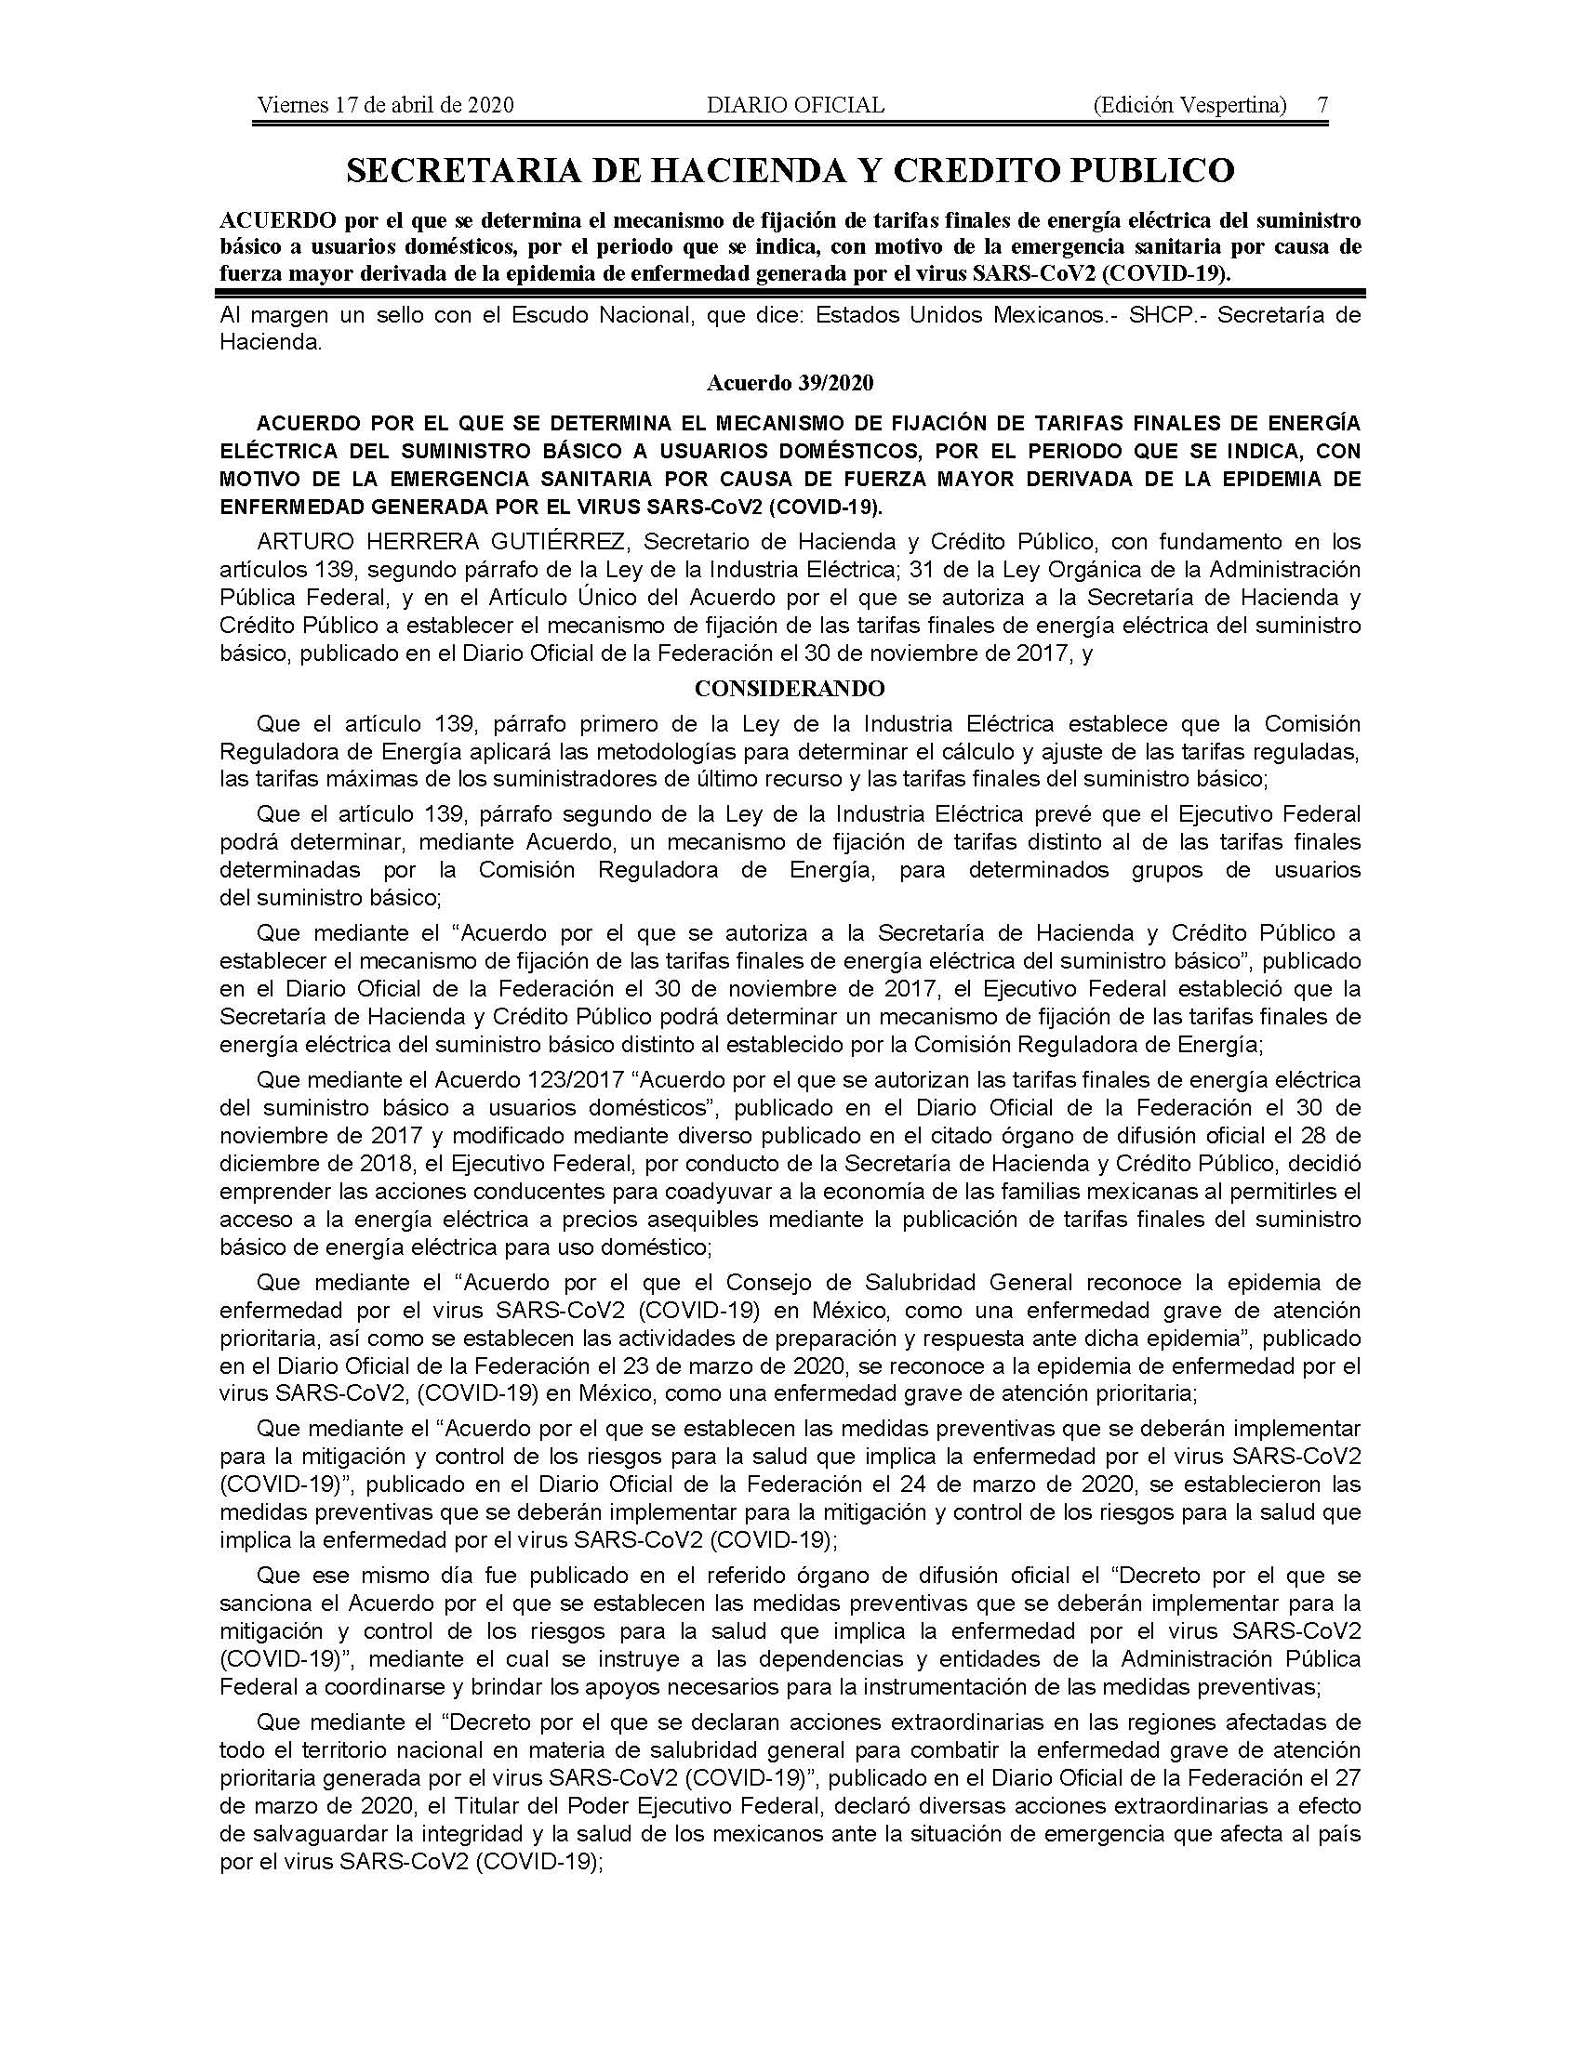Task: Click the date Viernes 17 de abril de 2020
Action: [385, 105]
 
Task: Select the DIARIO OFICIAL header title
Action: [795, 105]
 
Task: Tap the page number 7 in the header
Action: [1322, 105]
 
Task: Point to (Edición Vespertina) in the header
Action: [1189, 105]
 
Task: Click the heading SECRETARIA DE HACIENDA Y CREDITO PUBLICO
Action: [790, 170]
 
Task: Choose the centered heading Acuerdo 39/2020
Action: [790, 383]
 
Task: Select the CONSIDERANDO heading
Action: [790, 689]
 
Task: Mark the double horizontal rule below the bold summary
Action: [790, 293]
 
